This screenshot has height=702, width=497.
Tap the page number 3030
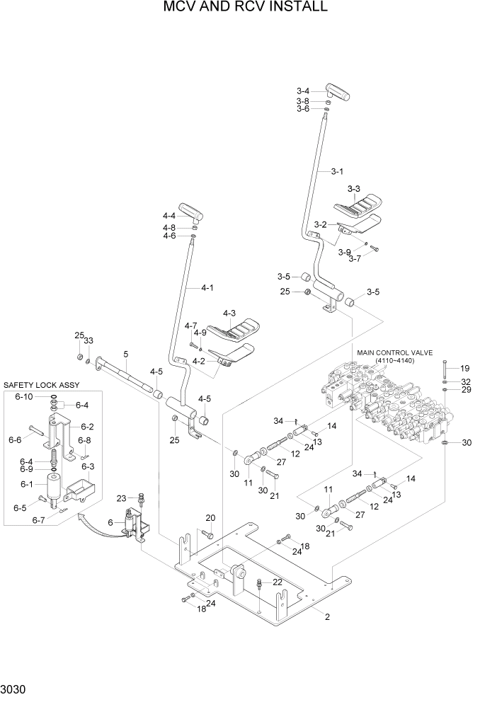pos(16,688)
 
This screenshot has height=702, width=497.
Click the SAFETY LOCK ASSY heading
pos(42,385)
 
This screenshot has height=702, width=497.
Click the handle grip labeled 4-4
pos(190,210)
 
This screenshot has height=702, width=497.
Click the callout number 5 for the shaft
pos(125,354)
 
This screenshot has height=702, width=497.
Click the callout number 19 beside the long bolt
pos(464,368)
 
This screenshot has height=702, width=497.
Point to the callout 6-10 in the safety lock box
pos(23,396)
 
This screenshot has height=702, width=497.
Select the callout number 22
pos(278,582)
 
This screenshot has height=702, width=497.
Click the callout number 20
pos(210,518)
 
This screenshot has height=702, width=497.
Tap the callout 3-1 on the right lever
pos(337,171)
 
